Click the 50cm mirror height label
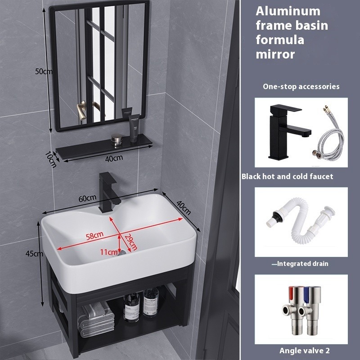click(44, 72)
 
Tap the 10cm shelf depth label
click(50, 159)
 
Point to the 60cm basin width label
click(87, 198)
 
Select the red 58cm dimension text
click(94, 236)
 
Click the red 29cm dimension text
click(131, 242)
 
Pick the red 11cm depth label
click(108, 252)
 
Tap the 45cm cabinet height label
click(34, 253)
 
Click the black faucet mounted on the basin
click(108, 193)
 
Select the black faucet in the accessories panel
click(289, 131)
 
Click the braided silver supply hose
click(329, 135)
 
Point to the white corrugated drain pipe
click(300, 221)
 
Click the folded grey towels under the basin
click(95, 319)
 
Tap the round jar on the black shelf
click(117, 139)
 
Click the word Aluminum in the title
click(288, 11)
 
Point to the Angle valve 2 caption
click(305, 351)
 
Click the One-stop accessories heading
click(301, 86)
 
